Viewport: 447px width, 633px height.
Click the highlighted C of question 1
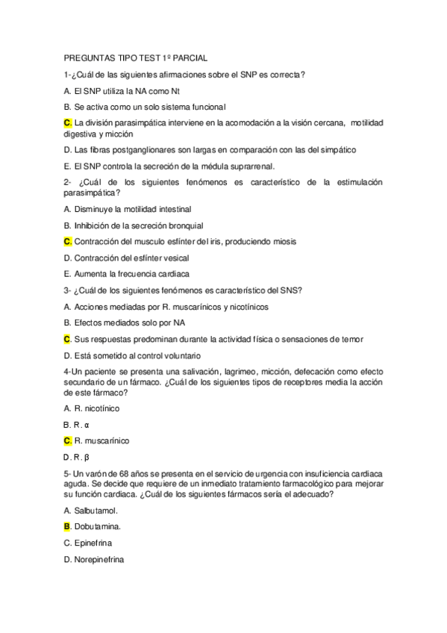click(x=67, y=122)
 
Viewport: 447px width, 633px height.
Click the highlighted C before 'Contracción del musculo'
click(x=67, y=241)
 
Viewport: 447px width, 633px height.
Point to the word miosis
click(x=282, y=241)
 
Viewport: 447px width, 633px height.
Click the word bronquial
click(x=184, y=225)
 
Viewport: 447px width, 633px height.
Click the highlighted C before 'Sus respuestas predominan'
click(x=67, y=339)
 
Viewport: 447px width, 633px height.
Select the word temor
click(x=350, y=339)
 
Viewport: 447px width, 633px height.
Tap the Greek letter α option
click(x=87, y=425)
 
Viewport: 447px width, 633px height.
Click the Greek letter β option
click(x=87, y=457)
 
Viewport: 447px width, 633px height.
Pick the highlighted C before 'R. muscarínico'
click(x=67, y=440)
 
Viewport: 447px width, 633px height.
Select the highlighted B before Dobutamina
click(x=67, y=526)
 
